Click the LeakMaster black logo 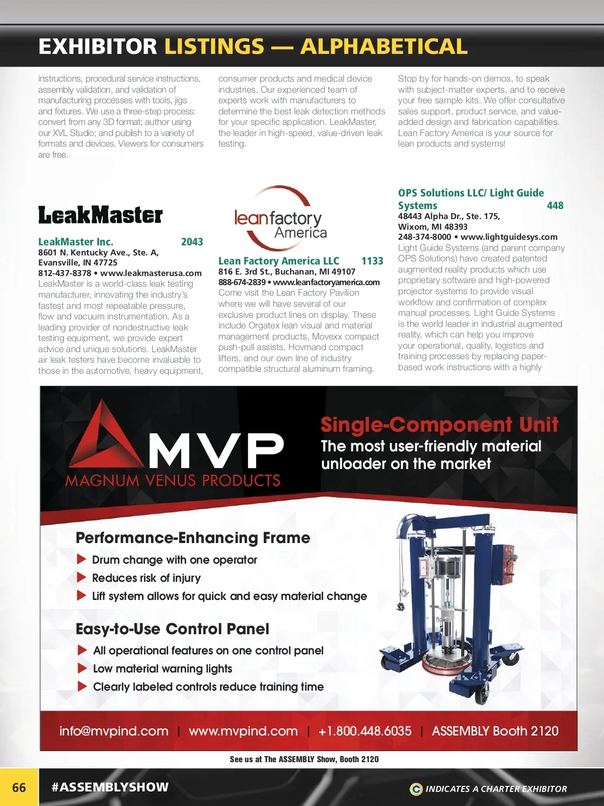tap(100, 215)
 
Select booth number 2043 tap(192, 242)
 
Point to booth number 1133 tap(372, 261)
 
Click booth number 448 tap(555, 206)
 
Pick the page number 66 tap(19, 787)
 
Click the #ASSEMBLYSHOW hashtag tap(110, 787)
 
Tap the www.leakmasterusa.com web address tap(151, 273)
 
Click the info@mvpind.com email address tap(114, 731)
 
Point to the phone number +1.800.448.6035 tap(365, 731)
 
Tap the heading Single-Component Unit tap(439, 425)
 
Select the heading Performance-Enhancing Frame tap(193, 538)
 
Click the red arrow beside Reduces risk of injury tap(82, 577)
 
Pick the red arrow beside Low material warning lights tap(83, 668)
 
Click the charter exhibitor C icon tap(416, 789)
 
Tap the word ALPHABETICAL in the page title tap(384, 46)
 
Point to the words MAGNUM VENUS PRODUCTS tap(173, 481)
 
